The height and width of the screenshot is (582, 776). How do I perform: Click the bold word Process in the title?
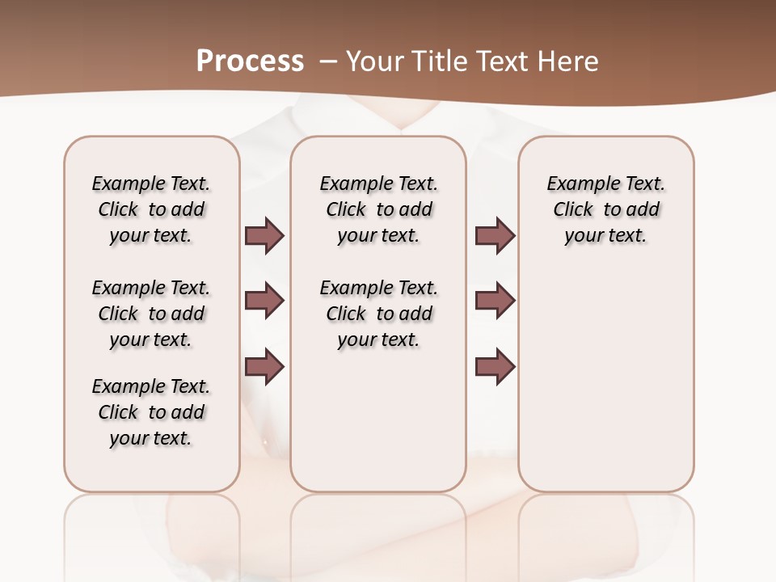point(250,61)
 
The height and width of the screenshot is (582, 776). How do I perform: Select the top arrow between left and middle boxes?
point(264,235)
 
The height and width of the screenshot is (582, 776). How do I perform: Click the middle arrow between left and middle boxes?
point(264,301)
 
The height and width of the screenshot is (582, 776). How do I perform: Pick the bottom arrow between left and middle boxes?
point(264,366)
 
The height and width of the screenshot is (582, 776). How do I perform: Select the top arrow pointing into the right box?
point(495,235)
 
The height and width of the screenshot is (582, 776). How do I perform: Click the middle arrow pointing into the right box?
point(495,301)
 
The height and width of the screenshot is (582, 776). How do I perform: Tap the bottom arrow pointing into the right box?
point(495,366)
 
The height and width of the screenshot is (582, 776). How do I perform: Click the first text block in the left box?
point(151,209)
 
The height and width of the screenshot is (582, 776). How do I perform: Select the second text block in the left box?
point(151,314)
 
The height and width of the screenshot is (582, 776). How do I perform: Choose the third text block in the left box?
point(151,412)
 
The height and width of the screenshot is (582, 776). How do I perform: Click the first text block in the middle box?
point(378,209)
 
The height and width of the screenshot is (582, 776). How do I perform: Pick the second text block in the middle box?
point(378,314)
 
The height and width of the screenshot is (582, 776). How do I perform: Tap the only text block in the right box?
point(605,209)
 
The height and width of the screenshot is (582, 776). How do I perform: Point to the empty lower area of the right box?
point(605,388)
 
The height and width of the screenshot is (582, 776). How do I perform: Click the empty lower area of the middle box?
point(378,420)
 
